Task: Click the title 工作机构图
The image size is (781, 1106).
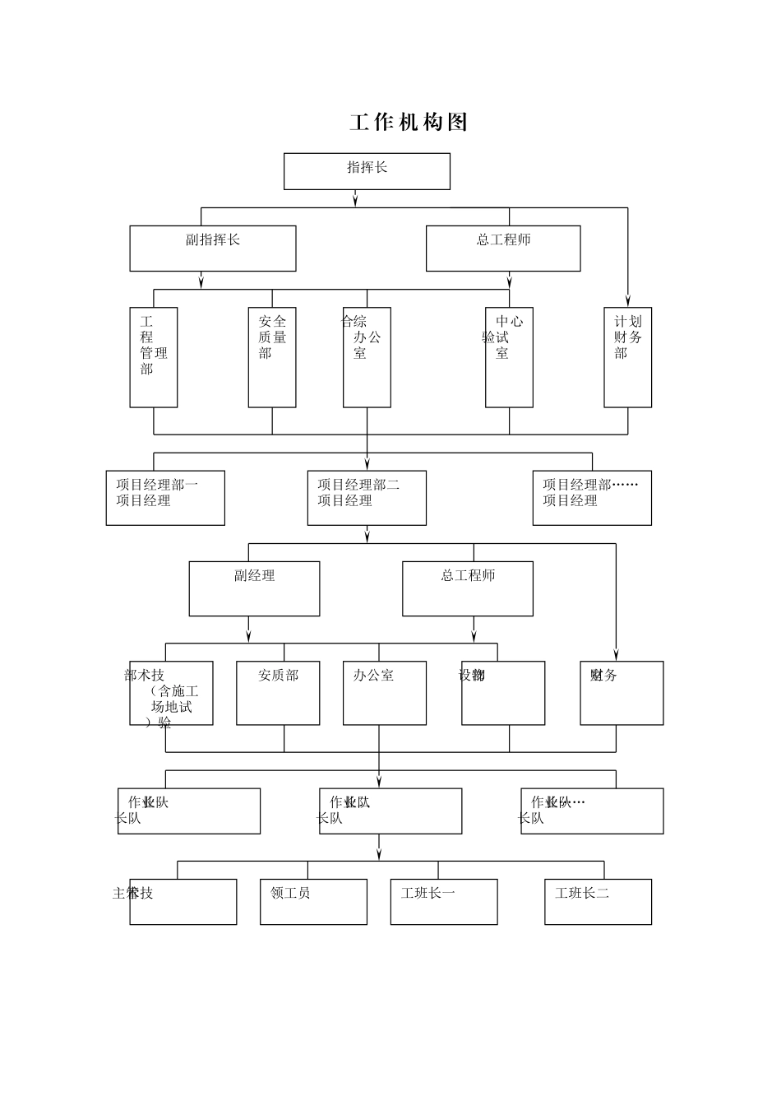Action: [x=409, y=123]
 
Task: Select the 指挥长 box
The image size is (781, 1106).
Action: [x=367, y=171]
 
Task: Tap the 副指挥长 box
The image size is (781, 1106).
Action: [x=212, y=249]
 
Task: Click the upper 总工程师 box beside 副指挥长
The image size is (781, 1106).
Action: [x=502, y=249]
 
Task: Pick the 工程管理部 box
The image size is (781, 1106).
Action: [x=154, y=357]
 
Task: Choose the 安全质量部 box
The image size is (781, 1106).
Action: [x=272, y=357]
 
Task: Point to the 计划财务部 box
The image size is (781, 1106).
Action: [x=627, y=357]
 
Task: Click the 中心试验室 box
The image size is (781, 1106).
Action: [x=509, y=357]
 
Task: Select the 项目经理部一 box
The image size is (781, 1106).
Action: [x=165, y=498]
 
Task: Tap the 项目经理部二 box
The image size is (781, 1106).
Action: [x=367, y=498]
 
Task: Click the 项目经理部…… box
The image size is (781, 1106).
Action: [x=592, y=498]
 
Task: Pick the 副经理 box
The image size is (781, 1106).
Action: [x=254, y=588]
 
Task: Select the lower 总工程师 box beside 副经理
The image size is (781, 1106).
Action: [x=467, y=588]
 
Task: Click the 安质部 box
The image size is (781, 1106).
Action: [x=278, y=693]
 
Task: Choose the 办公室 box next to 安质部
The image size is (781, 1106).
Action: [x=385, y=693]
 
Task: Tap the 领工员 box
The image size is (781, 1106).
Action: [x=313, y=902]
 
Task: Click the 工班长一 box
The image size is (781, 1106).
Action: [x=444, y=902]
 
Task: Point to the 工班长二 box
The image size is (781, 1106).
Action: [x=598, y=902]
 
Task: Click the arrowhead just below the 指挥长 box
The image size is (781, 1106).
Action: [x=355, y=200]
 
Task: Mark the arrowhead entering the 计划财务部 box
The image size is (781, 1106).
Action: [x=627, y=300]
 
